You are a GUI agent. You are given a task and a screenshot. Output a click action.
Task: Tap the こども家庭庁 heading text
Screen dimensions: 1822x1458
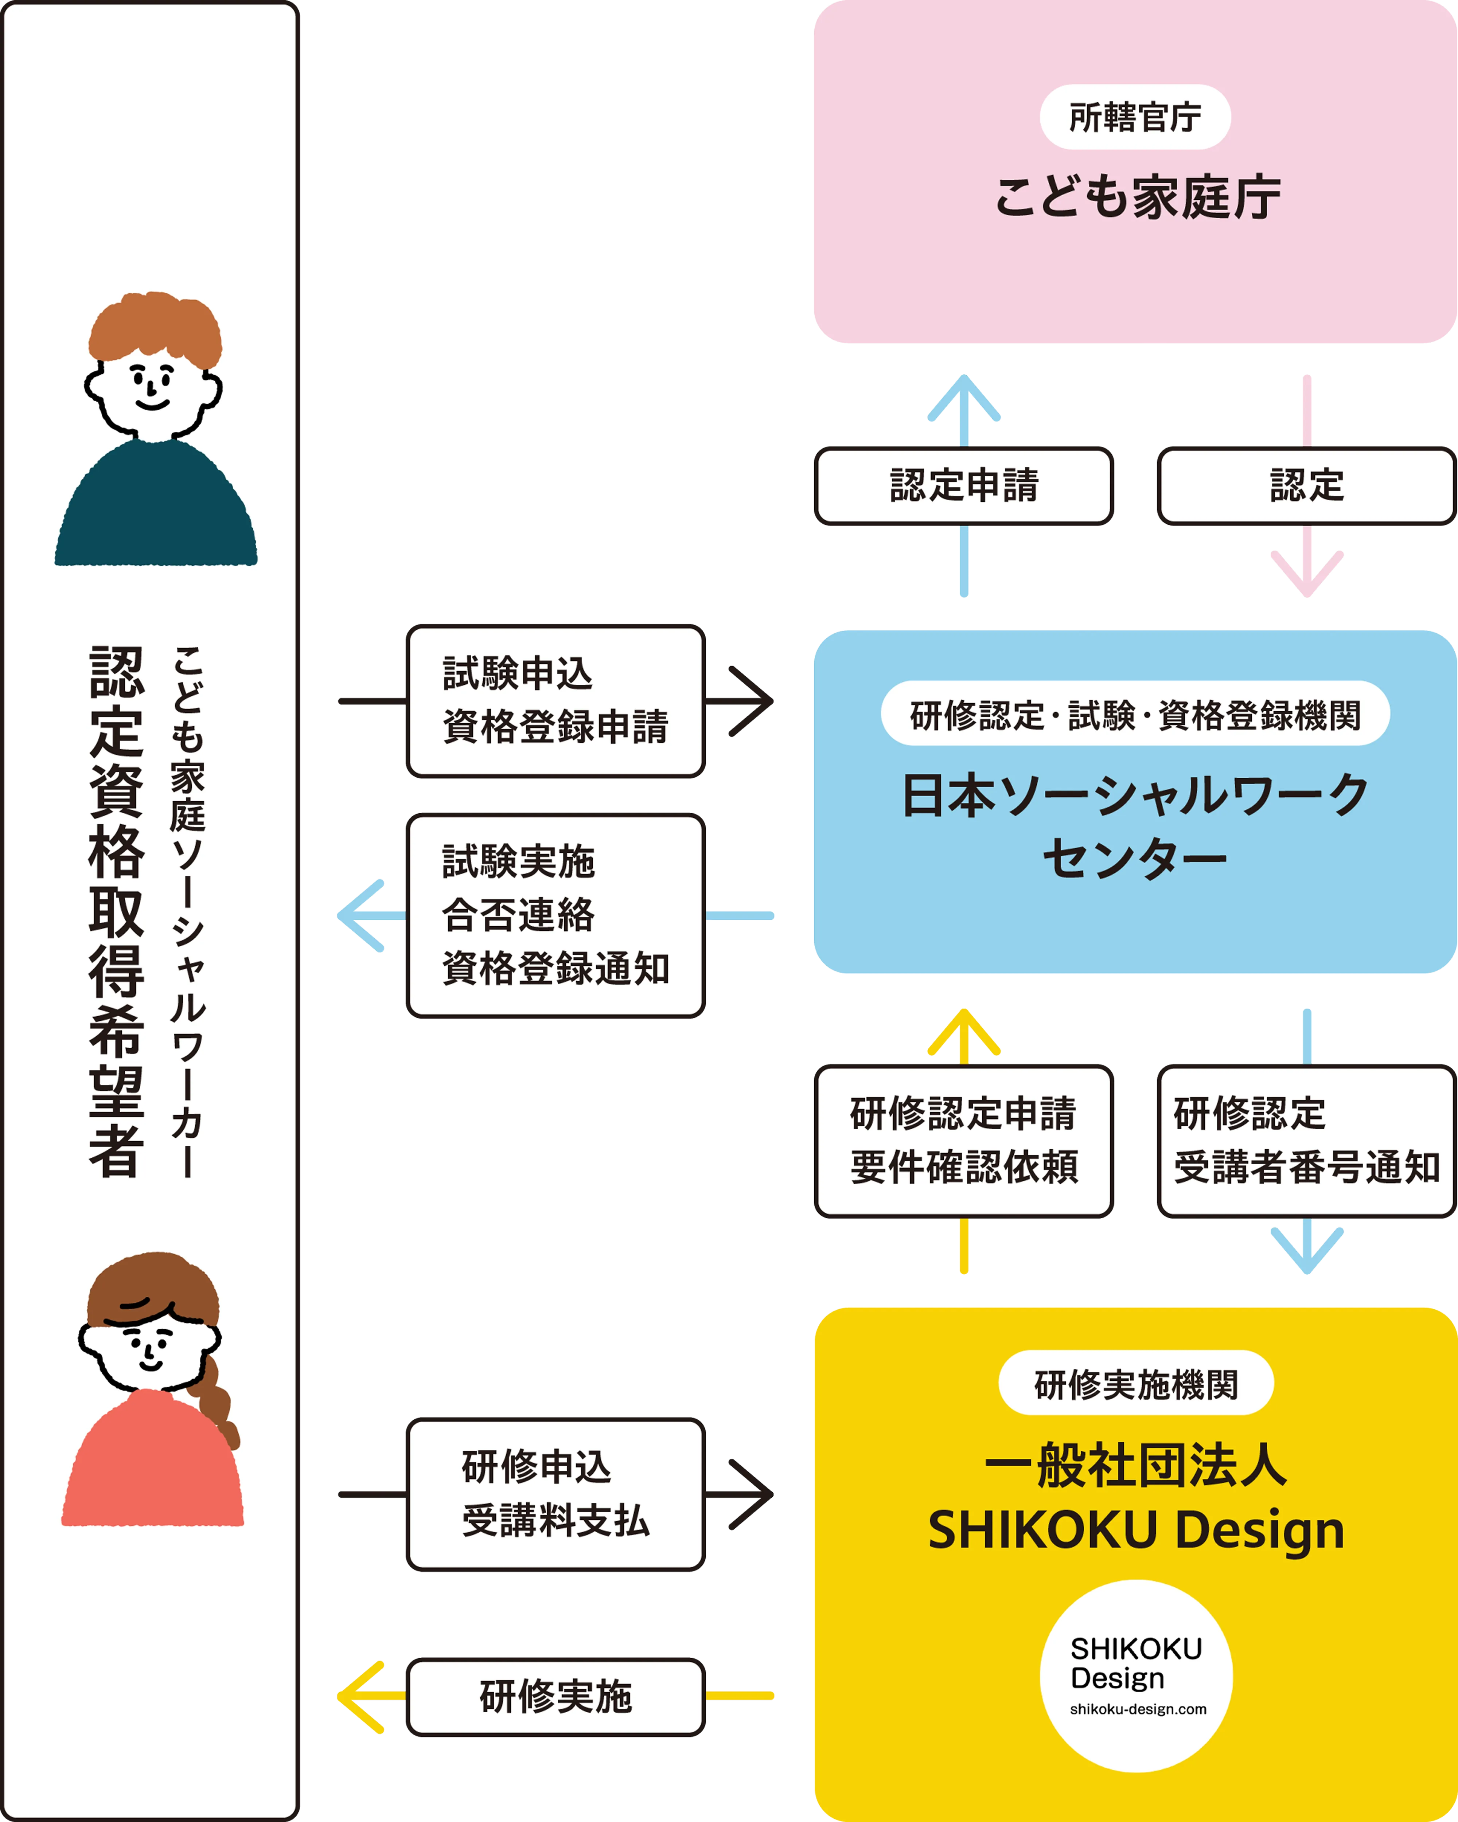[1137, 198]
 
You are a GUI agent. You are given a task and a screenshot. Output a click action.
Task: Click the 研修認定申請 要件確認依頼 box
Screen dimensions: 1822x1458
[963, 1141]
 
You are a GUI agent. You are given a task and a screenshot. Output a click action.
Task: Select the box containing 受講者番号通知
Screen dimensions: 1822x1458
[1306, 1141]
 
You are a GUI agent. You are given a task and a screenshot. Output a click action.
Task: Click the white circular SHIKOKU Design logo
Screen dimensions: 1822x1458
[1135, 1676]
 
